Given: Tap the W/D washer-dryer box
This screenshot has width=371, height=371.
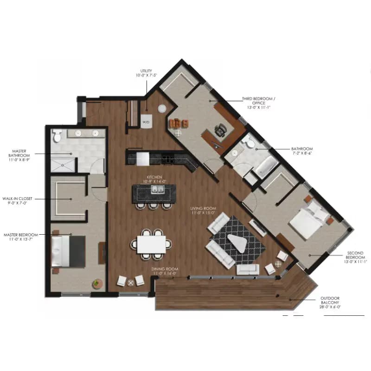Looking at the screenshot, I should click(146, 122).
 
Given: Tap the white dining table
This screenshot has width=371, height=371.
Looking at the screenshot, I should click(151, 244).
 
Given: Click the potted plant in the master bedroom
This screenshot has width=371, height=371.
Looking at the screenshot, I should click(96, 283).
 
